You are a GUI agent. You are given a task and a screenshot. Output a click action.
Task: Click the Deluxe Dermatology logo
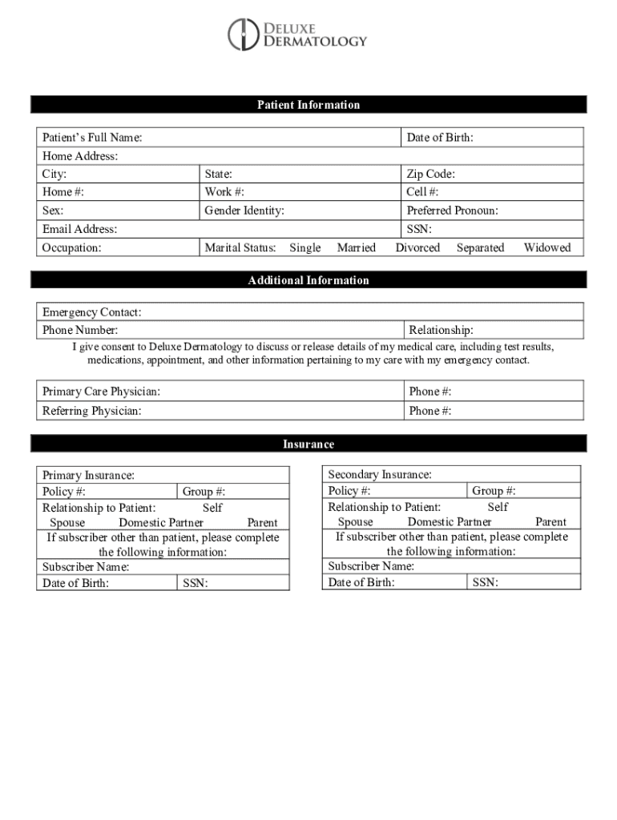click(297, 34)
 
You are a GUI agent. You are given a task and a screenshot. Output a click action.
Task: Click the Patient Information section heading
click(308, 105)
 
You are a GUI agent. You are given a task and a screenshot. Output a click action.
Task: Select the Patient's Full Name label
click(92, 138)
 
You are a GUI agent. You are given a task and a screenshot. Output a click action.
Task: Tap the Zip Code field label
click(431, 174)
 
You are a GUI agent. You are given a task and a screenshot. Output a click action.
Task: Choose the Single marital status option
click(304, 247)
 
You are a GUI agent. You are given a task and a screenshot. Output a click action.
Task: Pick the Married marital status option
click(356, 247)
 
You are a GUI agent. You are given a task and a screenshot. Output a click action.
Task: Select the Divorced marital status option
click(417, 247)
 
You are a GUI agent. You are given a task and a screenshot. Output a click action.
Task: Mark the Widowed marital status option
click(547, 247)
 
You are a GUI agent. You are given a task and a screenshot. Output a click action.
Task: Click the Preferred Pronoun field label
click(452, 211)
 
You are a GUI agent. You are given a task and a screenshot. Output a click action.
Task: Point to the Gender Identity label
click(244, 211)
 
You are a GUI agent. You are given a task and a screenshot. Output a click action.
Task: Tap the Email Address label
click(79, 229)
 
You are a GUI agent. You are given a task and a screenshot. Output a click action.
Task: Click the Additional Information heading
click(308, 280)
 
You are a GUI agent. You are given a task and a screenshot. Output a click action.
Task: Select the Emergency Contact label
click(91, 312)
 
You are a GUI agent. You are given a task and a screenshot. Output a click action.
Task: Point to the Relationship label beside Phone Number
click(441, 330)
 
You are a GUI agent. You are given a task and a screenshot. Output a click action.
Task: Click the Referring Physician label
click(91, 411)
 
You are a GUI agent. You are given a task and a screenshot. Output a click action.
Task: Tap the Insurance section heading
click(308, 444)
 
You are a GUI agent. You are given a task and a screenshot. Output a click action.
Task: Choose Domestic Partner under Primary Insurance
click(161, 522)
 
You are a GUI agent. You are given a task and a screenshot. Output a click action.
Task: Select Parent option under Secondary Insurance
click(550, 521)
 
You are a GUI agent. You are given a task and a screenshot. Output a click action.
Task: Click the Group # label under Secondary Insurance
click(494, 491)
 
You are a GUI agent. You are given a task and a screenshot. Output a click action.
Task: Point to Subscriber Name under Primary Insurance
click(86, 567)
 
